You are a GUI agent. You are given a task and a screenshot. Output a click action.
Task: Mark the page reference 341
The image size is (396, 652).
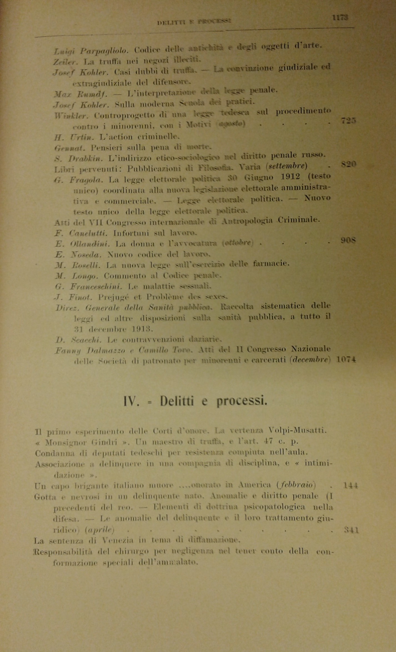click(x=351, y=530)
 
